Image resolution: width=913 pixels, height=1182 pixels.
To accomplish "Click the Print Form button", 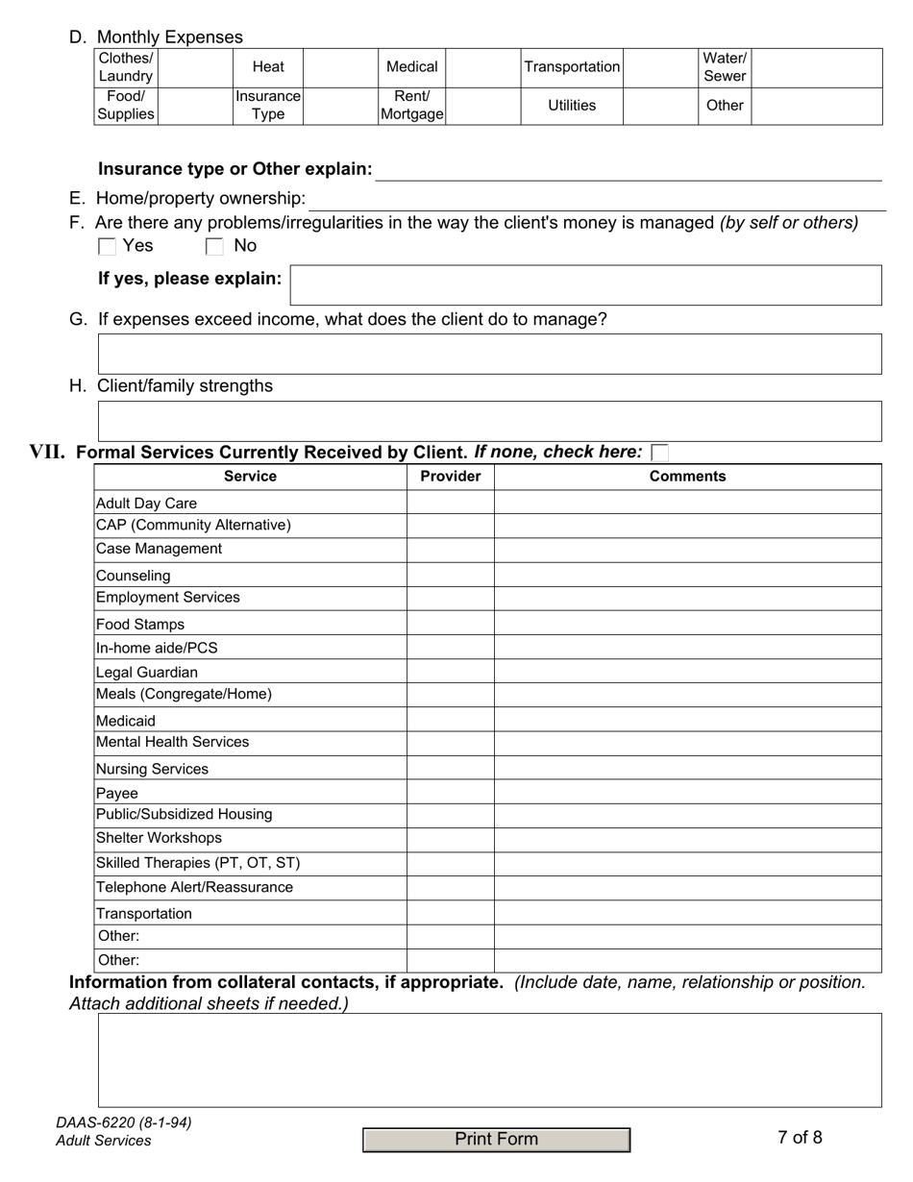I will [496, 1140].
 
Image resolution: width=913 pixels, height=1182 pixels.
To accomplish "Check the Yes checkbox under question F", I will [108, 247].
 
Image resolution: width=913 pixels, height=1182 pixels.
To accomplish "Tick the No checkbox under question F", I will [214, 247].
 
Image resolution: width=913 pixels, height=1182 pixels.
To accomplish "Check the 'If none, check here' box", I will [659, 453].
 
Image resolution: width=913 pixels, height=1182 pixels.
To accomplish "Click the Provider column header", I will [450, 477].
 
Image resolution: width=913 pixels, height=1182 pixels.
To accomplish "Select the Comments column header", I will [687, 477].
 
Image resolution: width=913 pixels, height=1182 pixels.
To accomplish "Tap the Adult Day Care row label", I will [147, 503].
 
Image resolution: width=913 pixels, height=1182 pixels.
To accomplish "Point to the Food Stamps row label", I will [140, 624].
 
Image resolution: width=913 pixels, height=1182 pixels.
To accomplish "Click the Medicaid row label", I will [126, 720].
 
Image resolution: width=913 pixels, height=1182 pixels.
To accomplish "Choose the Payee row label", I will [117, 793].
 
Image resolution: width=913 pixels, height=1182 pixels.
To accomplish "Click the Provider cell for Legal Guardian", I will [450, 672].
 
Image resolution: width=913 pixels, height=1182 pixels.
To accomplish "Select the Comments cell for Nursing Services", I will [687, 768].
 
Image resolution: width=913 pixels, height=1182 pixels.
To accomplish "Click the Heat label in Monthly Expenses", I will [268, 67].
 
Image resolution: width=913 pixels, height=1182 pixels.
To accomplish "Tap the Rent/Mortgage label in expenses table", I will [412, 106].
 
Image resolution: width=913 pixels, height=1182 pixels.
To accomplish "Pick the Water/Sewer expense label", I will [725, 67].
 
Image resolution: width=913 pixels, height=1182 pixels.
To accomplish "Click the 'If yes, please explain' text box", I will [585, 285].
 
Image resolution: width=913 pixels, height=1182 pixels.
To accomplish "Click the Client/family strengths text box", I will [489, 421].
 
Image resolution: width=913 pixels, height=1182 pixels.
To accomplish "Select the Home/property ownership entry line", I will [596, 200].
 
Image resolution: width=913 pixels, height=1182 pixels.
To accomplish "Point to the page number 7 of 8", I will [800, 1138].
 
